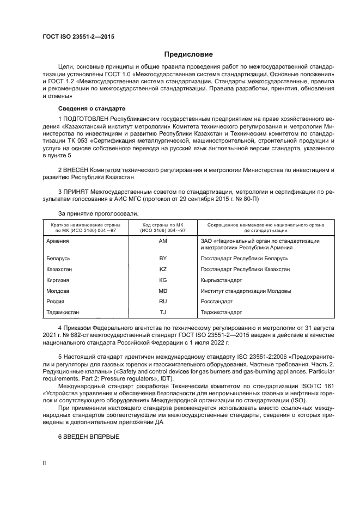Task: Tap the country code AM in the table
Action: pos(162,240)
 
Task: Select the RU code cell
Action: pos(162,301)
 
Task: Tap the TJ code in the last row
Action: pos(162,312)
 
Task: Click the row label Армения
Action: pos(59,240)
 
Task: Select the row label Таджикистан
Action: pos(64,312)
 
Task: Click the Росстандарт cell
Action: pos(217,301)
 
